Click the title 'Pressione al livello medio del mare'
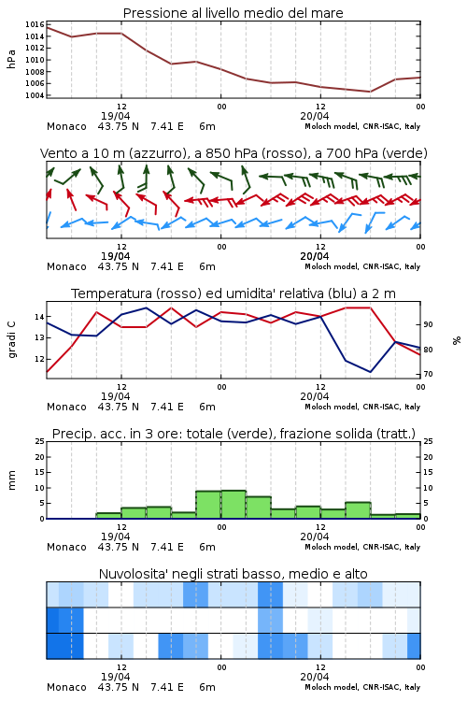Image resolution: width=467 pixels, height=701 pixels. pyautogui.click(x=233, y=13)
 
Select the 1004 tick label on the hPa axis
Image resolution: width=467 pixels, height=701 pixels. pyautogui.click(x=35, y=95)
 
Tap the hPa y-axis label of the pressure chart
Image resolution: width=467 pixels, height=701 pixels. pyautogui.click(x=11, y=59)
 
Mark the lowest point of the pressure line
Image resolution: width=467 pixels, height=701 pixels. pyautogui.click(x=370, y=92)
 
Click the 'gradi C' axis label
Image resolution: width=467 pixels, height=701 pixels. pyautogui.click(x=11, y=339)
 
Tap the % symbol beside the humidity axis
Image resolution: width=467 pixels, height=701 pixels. pyautogui.click(x=457, y=340)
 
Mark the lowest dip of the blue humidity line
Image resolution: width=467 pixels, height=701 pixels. pyautogui.click(x=370, y=371)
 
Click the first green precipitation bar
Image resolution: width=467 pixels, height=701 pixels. pyautogui.click(x=108, y=516)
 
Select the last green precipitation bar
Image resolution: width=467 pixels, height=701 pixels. pyautogui.click(x=408, y=516)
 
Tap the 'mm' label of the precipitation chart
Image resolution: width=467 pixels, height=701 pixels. pyautogui.click(x=11, y=480)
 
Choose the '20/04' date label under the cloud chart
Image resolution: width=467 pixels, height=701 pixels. pyautogui.click(x=315, y=677)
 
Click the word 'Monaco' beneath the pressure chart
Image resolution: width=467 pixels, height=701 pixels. pyautogui.click(x=66, y=126)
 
